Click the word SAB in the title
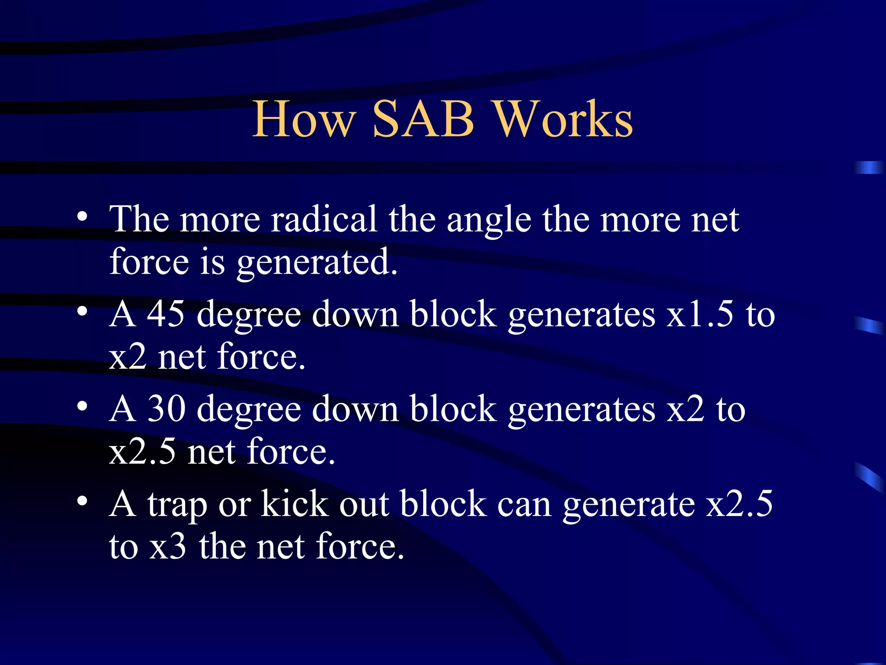click(x=423, y=119)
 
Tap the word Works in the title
click(x=563, y=119)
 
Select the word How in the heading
click(x=305, y=119)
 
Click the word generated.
click(x=317, y=262)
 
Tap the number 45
click(x=166, y=313)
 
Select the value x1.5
click(x=700, y=313)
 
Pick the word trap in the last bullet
click(x=177, y=505)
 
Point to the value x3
click(x=168, y=546)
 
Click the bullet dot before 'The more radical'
click(x=83, y=216)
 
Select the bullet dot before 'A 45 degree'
click(x=83, y=311)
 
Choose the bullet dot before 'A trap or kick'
click(x=83, y=501)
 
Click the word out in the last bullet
click(x=363, y=504)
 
